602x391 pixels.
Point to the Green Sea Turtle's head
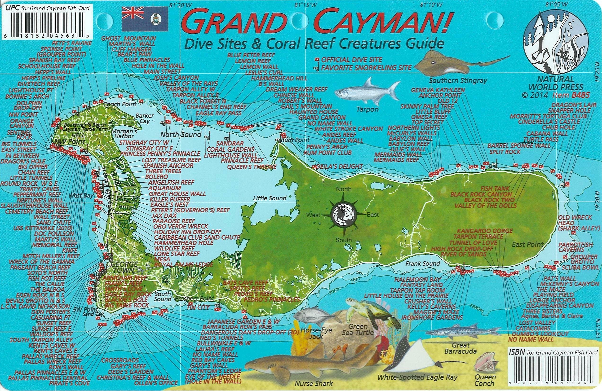[352, 303]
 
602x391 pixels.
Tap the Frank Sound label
[423, 264]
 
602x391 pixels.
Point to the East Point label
[528, 244]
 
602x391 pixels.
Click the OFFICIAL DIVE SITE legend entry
[351, 60]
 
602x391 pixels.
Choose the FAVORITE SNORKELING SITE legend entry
[366, 68]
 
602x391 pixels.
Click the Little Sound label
[270, 198]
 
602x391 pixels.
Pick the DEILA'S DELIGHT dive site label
[339, 167]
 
